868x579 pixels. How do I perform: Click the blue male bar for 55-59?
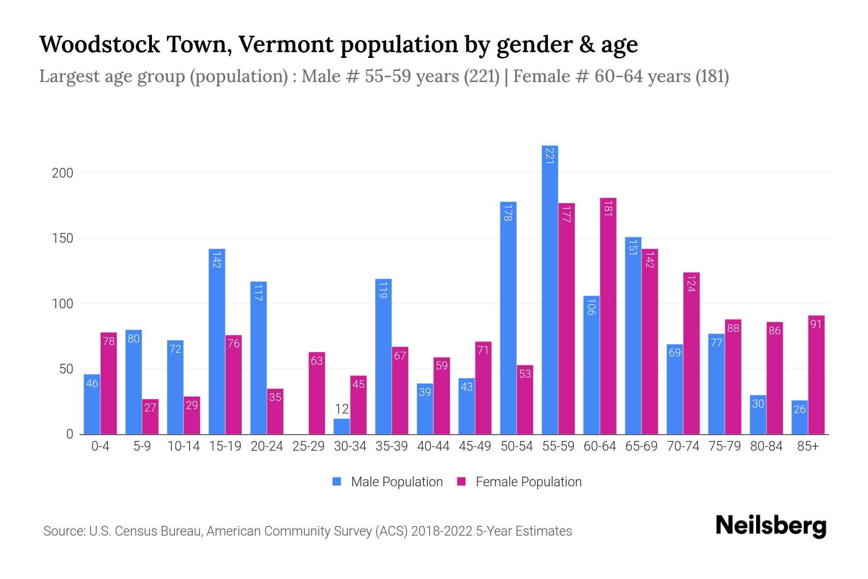pyautogui.click(x=550, y=289)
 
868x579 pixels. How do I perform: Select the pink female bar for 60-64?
pyautogui.click(x=608, y=316)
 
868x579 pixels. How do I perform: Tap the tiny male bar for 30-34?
pyautogui.click(x=341, y=427)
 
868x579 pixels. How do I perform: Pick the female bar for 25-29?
pyautogui.click(x=316, y=393)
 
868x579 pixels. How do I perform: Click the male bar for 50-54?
pyautogui.click(x=508, y=318)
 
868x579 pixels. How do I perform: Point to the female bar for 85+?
pyautogui.click(x=816, y=375)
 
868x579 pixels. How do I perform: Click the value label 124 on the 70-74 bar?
pyautogui.click(x=691, y=283)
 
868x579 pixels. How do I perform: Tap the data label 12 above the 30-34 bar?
pyautogui.click(x=341, y=409)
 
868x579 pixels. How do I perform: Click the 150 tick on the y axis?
pyautogui.click(x=62, y=238)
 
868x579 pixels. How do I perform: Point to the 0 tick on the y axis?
pyautogui.click(x=69, y=434)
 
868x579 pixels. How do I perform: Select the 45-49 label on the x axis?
pyautogui.click(x=475, y=446)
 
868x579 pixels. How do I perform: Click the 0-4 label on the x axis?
pyautogui.click(x=100, y=446)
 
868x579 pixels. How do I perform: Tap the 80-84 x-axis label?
pyautogui.click(x=766, y=446)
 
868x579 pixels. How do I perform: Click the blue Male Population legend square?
pyautogui.click(x=337, y=482)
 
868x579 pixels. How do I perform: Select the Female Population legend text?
pyautogui.click(x=529, y=482)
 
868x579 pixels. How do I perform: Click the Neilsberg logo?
pyautogui.click(x=771, y=526)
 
